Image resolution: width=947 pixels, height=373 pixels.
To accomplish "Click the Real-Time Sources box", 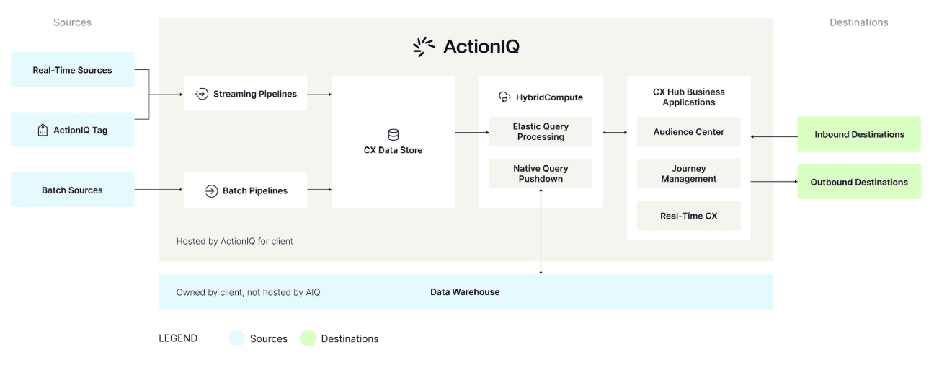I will tap(72, 70).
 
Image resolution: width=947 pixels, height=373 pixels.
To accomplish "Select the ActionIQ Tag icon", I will tap(43, 131).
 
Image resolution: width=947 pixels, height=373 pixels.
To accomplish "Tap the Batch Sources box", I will tap(72, 190).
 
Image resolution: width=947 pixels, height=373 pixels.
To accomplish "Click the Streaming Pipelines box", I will tap(245, 94).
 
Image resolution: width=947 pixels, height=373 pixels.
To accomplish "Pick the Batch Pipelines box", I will tap(245, 190).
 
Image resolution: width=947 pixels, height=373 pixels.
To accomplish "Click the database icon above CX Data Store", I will tap(393, 135).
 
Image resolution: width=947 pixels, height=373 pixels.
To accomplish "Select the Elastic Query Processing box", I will tap(541, 131).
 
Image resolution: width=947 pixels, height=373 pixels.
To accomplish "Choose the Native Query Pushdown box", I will tap(541, 174).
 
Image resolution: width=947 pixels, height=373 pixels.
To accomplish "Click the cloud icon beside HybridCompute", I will tap(504, 97).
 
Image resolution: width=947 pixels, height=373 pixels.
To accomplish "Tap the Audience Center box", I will tap(688, 132).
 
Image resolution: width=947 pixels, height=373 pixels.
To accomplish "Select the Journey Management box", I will tap(688, 174).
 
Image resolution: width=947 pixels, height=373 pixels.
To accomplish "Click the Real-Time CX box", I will tap(688, 216).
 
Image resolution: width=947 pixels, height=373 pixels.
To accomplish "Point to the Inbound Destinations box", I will tap(858, 134).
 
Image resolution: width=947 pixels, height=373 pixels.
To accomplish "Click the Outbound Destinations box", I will tap(858, 183).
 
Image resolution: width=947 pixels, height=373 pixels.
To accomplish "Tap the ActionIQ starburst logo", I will tap(424, 47).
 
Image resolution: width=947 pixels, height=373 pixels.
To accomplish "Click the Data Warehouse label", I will tap(465, 292).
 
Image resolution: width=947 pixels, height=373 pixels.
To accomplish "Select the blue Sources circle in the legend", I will tap(237, 338).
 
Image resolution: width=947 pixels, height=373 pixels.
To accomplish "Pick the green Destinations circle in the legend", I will tap(308, 338).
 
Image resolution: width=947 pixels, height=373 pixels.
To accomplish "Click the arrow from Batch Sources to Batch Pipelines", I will tap(159, 190).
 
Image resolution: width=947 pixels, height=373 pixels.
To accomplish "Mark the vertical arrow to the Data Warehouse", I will tap(541, 231).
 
